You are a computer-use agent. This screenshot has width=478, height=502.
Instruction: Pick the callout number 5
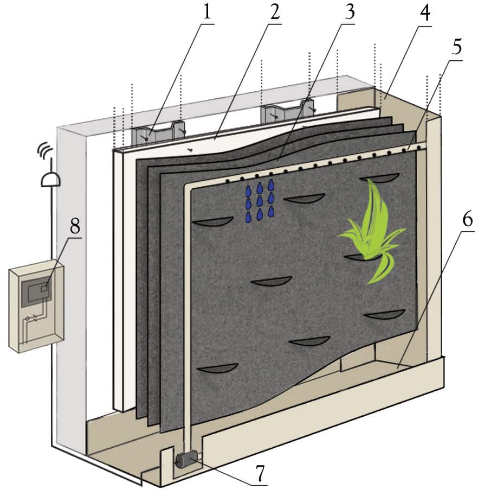pos(456,47)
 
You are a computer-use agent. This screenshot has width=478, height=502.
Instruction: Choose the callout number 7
pos(261,473)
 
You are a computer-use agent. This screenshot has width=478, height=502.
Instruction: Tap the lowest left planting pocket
pos(218,368)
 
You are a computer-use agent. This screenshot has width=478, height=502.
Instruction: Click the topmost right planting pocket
pos(379,178)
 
